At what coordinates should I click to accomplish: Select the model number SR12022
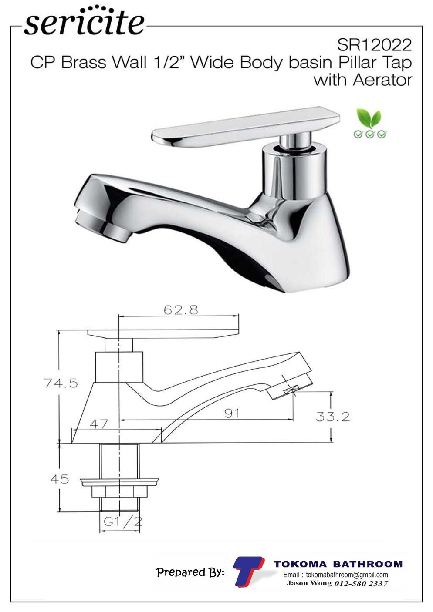point(374,45)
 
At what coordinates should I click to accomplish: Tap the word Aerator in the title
point(382,80)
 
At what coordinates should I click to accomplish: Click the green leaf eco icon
point(370,123)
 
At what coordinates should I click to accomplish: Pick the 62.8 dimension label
point(181,310)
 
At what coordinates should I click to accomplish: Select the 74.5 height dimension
point(61,383)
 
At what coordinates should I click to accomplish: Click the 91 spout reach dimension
point(232,413)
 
